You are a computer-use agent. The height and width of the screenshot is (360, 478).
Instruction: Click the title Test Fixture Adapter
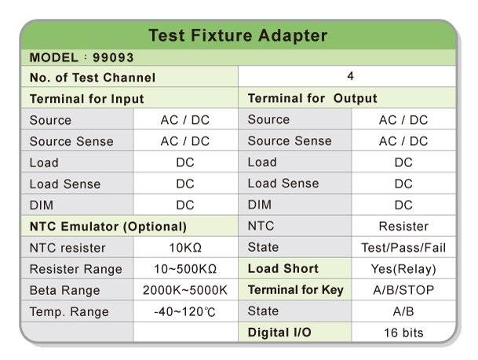pos(238,35)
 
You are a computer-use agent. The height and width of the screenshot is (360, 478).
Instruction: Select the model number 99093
pos(113,58)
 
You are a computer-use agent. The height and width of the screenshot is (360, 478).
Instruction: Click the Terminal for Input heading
pos(86,99)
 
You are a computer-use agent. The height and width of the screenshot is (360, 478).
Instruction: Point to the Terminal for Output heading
pos(312,99)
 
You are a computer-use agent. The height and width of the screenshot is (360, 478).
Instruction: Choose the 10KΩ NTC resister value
pos(184,248)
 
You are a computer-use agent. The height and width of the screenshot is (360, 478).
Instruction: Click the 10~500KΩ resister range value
pos(184,269)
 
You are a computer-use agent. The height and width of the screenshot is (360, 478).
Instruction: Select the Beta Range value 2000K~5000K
pos(184,290)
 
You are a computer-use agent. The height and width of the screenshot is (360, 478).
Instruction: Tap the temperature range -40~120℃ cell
pos(184,311)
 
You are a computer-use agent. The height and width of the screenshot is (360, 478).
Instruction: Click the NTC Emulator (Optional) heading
pos(108,227)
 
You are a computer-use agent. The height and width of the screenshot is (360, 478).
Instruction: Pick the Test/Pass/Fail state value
pos(403,248)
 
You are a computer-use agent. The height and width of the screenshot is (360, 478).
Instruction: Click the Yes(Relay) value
pos(403,269)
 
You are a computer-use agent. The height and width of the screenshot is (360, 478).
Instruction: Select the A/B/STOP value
pos(403,290)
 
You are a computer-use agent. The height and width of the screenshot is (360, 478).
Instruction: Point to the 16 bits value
pos(403,333)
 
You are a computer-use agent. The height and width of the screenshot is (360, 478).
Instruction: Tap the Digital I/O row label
pos(279,333)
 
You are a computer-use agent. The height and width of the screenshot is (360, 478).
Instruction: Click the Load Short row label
pos(283,269)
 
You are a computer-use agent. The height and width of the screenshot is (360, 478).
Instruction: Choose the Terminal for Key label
pos(295,290)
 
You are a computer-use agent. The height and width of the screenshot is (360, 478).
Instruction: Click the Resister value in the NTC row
pos(403,227)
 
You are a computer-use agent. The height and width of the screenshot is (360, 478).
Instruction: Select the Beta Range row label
pos(65,290)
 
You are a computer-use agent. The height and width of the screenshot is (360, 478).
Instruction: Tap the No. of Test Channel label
pos(93,78)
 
